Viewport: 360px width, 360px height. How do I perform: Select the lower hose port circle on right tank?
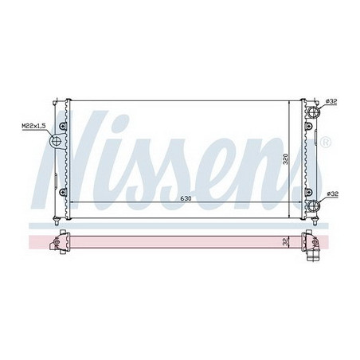(315, 208)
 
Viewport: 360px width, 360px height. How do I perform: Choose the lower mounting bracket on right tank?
(306, 191)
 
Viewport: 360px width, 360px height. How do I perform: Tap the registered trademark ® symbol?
(324, 143)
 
